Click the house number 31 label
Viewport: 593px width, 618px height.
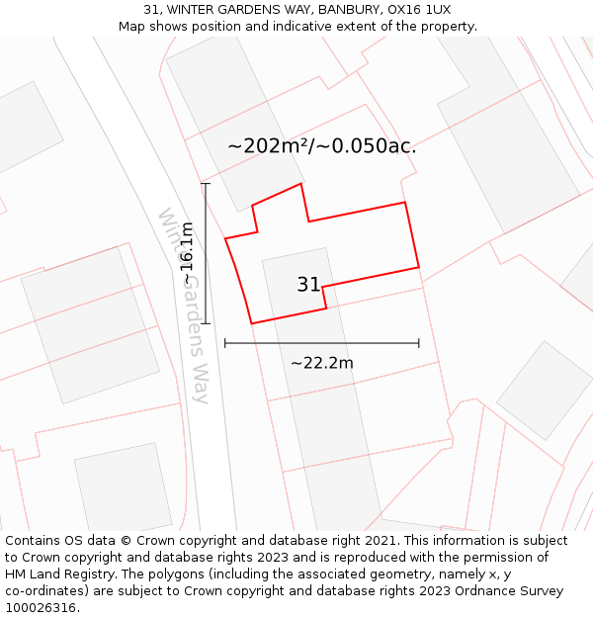(308, 285)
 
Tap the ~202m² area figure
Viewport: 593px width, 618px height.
(268, 146)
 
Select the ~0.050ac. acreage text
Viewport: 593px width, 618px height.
(367, 146)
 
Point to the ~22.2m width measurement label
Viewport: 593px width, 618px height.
(321, 363)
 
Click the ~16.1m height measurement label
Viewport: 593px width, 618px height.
(187, 254)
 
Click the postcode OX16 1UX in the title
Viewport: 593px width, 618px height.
(419, 10)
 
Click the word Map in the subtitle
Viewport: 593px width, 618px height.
(133, 27)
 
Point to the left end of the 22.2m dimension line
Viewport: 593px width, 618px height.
(225, 343)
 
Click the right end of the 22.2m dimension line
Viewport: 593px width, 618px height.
(419, 343)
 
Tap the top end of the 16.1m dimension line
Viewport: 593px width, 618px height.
(206, 183)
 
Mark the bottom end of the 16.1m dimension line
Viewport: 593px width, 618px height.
(206, 323)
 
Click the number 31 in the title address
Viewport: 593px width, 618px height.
(152, 10)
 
